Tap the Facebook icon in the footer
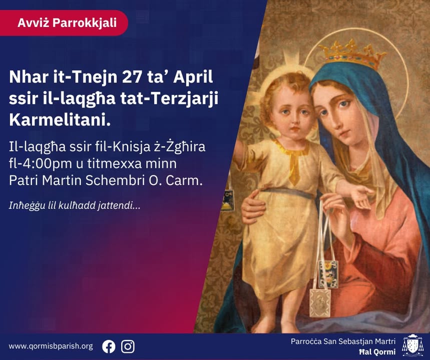[x=109, y=346]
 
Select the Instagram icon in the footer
[x=128, y=346]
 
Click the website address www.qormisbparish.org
[x=51, y=346]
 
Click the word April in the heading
[x=194, y=77]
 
